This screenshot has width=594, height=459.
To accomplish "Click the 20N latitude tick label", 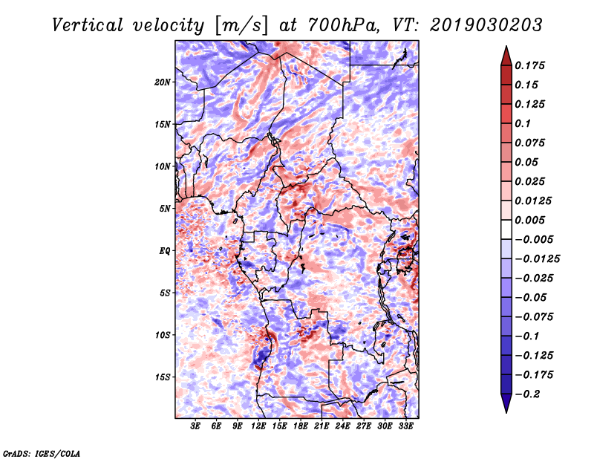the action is tap(163, 82).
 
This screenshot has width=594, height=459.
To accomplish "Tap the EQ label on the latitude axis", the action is tap(164, 251).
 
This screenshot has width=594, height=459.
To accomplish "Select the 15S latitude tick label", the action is tap(163, 377).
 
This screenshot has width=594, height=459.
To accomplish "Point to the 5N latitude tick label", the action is tap(165, 209).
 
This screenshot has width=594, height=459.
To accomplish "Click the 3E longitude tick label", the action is tap(195, 426).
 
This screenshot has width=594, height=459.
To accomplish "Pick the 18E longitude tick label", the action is tap(301, 426).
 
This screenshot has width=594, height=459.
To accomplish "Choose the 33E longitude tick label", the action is tap(405, 426).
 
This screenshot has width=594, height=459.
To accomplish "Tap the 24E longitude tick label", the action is tap(342, 426).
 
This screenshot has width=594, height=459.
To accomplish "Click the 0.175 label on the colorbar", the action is tap(530, 65).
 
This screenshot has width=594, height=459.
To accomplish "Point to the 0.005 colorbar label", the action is tap(530, 220).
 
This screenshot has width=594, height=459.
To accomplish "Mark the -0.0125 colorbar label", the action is tap(538, 259).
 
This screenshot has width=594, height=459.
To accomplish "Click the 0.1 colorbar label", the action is tap(523, 123).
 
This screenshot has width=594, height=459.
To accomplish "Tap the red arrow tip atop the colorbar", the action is tap(506, 46).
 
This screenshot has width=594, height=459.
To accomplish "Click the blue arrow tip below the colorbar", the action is tap(506, 412).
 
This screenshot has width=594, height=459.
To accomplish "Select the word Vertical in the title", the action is tap(88, 25).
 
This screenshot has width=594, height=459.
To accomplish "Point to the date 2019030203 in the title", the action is tap(486, 25).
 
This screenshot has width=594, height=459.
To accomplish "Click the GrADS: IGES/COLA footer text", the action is tap(42, 453).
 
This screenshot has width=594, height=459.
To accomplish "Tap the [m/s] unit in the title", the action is tap(241, 25).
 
